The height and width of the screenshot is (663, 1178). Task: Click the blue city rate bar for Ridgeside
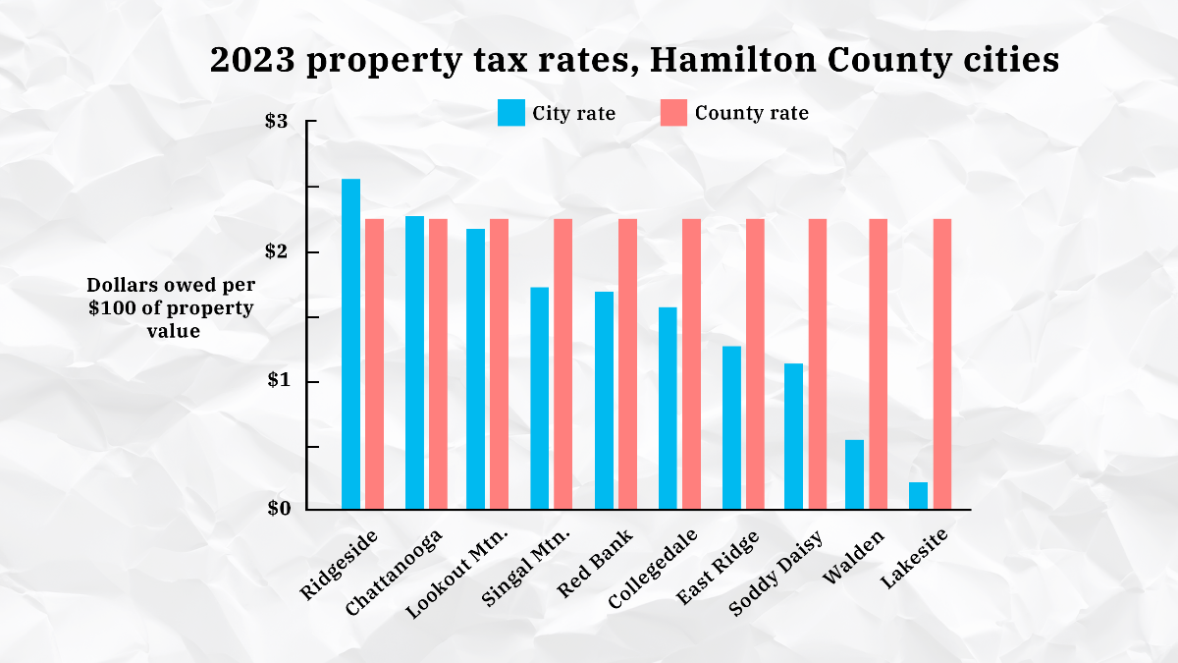[x=350, y=344]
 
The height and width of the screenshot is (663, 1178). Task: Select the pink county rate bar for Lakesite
[x=942, y=363]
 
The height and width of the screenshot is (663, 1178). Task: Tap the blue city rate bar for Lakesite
[x=918, y=495]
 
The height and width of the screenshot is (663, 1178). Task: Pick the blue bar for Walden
[x=854, y=474]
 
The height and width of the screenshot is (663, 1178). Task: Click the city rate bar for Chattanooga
[x=414, y=362]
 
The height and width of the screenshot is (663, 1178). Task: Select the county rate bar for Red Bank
[x=627, y=363]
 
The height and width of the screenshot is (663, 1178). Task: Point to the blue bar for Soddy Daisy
[x=793, y=436]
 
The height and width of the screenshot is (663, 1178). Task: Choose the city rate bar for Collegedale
[x=668, y=408]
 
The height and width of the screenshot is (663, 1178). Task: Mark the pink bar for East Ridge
[x=755, y=363]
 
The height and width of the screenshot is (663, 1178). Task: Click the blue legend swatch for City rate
[x=510, y=113]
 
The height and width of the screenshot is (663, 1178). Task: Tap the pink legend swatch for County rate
[x=672, y=113]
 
